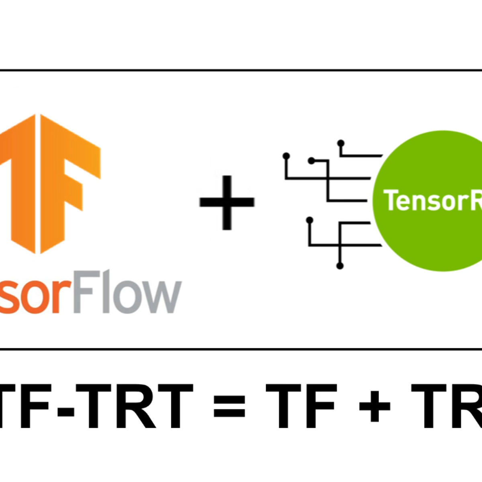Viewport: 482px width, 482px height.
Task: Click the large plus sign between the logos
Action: [x=227, y=202]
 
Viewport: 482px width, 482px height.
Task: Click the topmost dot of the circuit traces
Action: [x=341, y=143]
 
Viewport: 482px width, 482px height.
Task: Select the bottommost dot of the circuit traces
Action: [x=340, y=266]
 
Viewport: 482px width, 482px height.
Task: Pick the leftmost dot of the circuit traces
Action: [x=286, y=155]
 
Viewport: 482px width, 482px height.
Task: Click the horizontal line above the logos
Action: [x=241, y=71]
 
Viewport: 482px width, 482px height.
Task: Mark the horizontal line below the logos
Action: [x=241, y=349]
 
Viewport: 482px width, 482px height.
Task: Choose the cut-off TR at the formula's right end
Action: [x=446, y=406]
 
